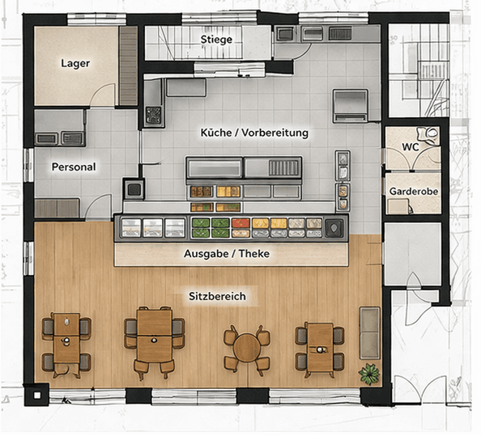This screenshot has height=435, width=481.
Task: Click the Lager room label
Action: [75, 63]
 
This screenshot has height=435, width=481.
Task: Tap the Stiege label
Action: [217, 39]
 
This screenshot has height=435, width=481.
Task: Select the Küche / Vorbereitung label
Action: [254, 132]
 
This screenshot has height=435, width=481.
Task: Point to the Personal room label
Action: [74, 167]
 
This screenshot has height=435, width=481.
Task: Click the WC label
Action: [411, 146]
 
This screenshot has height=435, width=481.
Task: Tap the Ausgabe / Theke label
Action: [227, 253]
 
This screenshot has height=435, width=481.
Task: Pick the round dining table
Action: [247, 348]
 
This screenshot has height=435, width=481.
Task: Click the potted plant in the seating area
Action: [370, 373]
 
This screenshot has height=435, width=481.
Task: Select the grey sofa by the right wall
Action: [369, 332]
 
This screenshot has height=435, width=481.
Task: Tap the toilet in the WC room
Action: [432, 133]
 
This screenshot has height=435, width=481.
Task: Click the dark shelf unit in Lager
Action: [128, 66]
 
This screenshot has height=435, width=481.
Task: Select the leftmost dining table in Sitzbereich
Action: [66, 340]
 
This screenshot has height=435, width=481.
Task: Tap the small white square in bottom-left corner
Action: [36, 396]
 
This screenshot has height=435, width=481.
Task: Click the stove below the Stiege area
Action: [154, 116]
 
